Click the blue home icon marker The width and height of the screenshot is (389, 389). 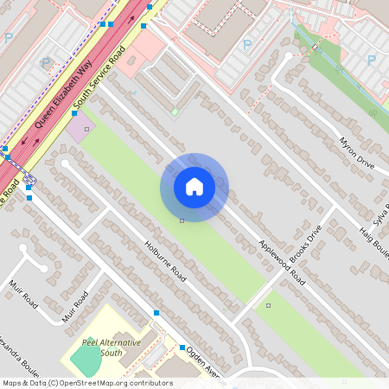(194, 187)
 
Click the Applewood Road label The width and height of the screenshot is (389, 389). (282, 263)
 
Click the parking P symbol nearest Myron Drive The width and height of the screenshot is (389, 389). (371, 60)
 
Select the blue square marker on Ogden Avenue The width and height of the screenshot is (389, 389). (182, 348)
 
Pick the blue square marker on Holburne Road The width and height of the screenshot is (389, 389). (156, 312)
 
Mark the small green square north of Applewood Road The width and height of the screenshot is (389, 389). (174, 111)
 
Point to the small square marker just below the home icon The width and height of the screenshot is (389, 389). (182, 221)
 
